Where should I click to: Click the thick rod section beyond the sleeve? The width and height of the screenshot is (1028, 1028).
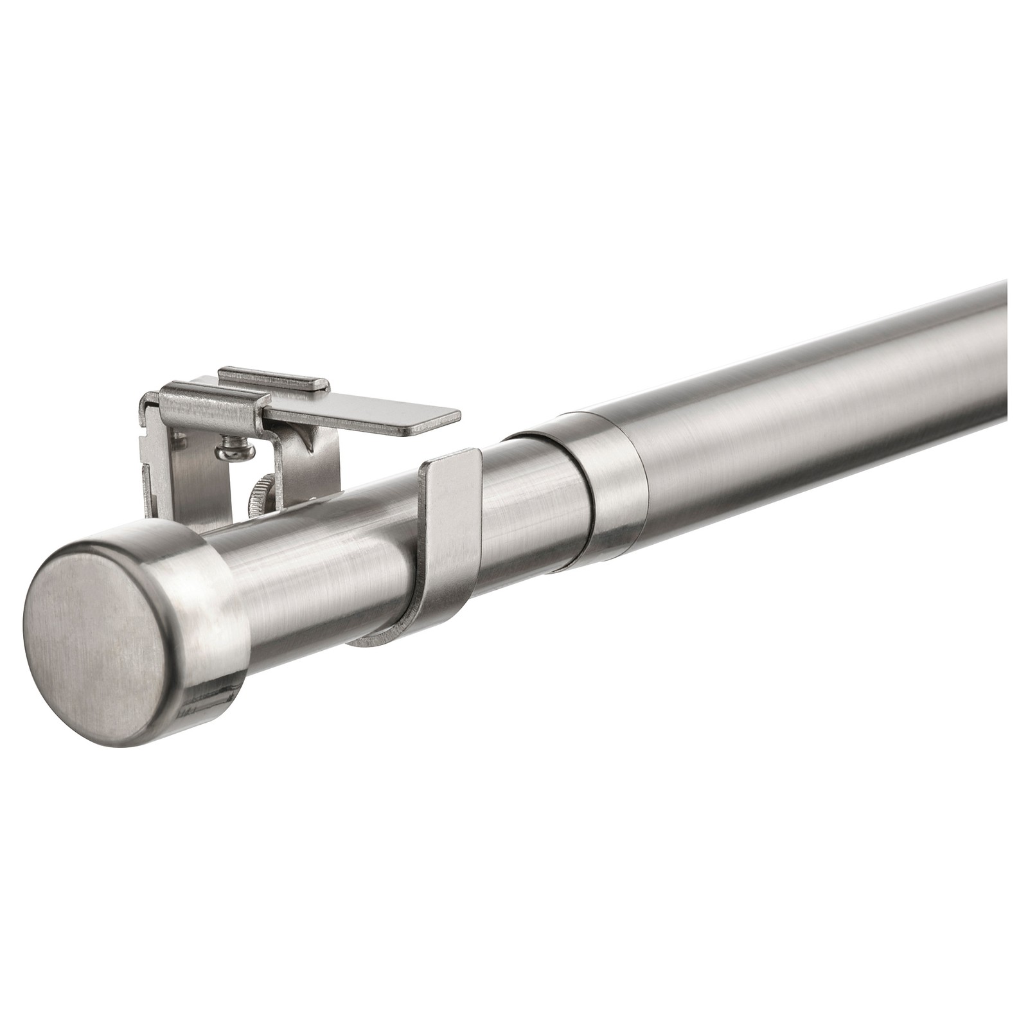tap(803, 411)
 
